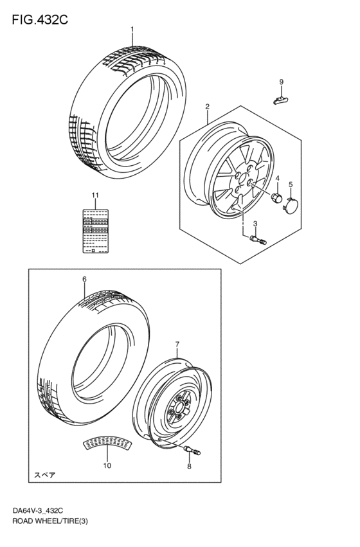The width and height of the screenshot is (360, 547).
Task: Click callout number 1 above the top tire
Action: (132, 30)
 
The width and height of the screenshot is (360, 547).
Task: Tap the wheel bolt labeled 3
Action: (255, 239)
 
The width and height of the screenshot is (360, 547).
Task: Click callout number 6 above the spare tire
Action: (84, 279)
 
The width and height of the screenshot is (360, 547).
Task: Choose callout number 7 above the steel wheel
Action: (177, 345)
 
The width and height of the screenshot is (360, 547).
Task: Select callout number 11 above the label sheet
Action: (94, 195)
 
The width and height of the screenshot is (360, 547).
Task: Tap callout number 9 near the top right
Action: (281, 81)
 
